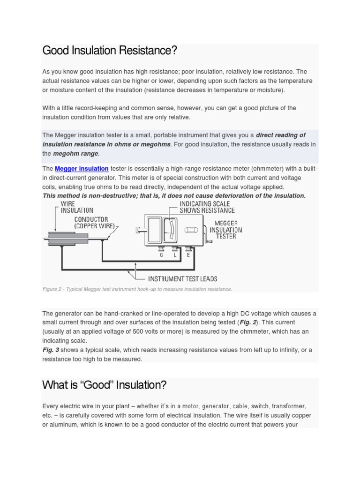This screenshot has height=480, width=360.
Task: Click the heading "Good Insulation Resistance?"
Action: point(110,51)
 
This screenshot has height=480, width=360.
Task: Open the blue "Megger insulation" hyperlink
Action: point(82,169)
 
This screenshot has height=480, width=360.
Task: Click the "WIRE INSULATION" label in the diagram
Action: point(77,208)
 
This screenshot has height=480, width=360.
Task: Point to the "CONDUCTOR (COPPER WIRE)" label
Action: point(94,223)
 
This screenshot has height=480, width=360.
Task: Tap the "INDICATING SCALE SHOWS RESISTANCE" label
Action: point(207,207)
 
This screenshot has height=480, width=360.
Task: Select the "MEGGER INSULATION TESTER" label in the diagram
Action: point(225,230)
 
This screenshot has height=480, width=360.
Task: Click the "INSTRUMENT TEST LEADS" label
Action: point(183,279)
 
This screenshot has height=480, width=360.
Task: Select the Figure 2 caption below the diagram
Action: point(137,289)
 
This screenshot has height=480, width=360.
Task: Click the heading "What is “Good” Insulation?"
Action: point(104,385)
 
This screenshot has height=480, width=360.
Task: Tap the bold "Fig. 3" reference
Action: point(51,350)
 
